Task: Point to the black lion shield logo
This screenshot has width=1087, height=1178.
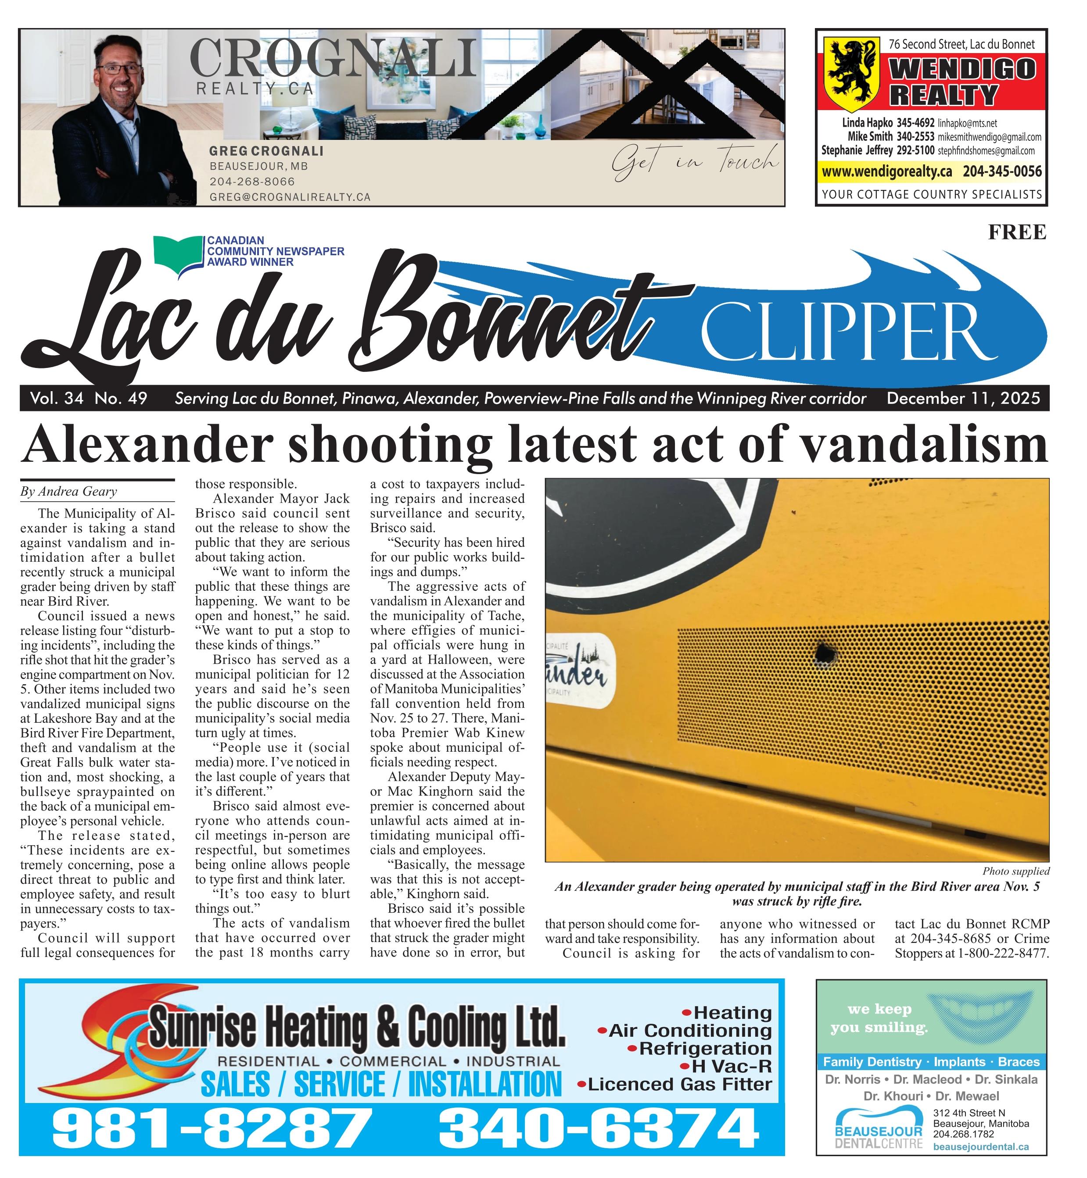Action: [851, 73]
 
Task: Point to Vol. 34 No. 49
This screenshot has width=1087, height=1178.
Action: [88, 399]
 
